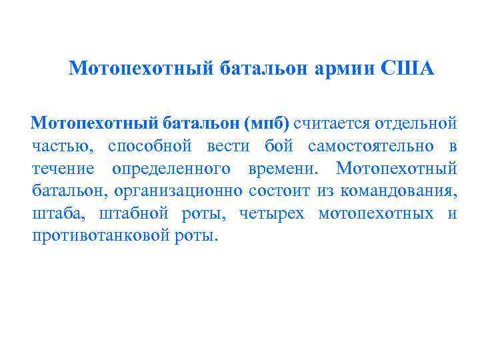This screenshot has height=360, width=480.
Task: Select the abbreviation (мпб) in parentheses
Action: [266, 123]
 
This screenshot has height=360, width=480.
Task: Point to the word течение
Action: [63, 169]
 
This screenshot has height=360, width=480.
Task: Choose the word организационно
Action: [178, 191]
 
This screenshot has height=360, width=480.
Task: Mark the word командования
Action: [398, 191]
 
